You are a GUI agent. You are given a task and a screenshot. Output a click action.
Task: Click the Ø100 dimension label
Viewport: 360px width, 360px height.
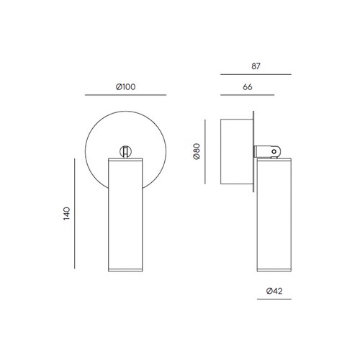125,86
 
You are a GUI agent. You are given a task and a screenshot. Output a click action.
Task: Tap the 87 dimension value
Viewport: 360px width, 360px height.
256,66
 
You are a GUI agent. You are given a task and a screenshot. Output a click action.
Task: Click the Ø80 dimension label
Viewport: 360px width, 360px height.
197,153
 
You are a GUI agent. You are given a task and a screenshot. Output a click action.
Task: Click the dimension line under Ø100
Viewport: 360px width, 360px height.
125,96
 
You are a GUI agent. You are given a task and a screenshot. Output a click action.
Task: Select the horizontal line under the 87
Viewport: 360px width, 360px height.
256,75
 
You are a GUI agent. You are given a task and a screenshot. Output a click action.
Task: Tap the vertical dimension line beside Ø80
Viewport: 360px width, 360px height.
207,153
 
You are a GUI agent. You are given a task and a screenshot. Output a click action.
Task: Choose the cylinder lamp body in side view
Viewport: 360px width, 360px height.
273,216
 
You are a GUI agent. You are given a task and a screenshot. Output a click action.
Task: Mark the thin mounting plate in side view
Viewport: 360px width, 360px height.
254,153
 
